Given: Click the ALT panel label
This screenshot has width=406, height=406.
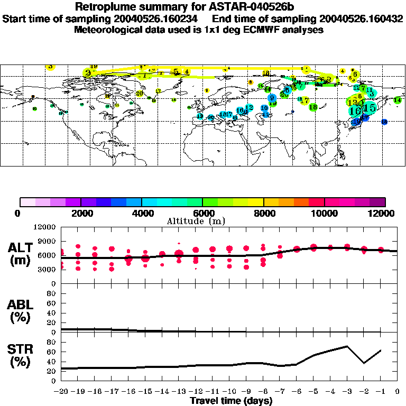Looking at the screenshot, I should (x=21, y=254).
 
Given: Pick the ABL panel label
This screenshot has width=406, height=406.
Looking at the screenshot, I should (x=21, y=310).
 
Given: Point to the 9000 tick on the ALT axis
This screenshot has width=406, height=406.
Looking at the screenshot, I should (x=48, y=241).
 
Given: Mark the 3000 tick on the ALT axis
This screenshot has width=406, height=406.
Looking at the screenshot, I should (x=48, y=269).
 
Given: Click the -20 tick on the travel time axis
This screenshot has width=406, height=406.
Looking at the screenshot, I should (x=61, y=392).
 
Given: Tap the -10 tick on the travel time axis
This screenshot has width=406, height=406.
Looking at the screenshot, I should (x=229, y=392).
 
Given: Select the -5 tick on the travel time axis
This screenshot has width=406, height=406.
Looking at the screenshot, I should (x=313, y=392).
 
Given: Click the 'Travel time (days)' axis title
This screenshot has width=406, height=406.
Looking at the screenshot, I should (x=231, y=401).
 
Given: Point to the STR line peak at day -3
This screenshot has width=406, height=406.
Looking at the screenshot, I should (x=347, y=346).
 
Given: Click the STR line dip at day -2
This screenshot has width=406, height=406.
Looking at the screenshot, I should (x=364, y=363).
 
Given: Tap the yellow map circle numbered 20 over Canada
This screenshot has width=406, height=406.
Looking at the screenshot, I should (x=140, y=94).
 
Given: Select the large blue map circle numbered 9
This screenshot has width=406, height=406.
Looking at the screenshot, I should (x=272, y=98).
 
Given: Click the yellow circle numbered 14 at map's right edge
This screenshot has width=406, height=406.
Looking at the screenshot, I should (x=398, y=100).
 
